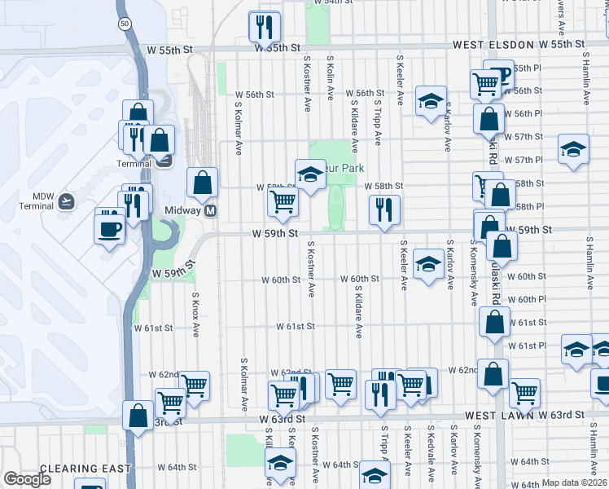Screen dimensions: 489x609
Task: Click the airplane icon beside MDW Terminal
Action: pos(66,200)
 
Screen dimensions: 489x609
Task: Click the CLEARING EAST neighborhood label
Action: pos(68,469)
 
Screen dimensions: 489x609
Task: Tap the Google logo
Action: pos(27,479)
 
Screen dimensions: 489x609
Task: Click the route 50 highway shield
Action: pos(124,24)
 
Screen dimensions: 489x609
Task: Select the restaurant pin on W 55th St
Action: pos(265,27)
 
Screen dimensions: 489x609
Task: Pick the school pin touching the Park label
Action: pos(309,174)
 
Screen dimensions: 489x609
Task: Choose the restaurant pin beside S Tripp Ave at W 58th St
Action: pos(383,209)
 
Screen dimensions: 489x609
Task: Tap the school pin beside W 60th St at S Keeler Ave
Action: pos(428,264)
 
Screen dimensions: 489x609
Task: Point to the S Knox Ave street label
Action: pos(195,315)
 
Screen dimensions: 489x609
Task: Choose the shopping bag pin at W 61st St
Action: pos(494,322)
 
